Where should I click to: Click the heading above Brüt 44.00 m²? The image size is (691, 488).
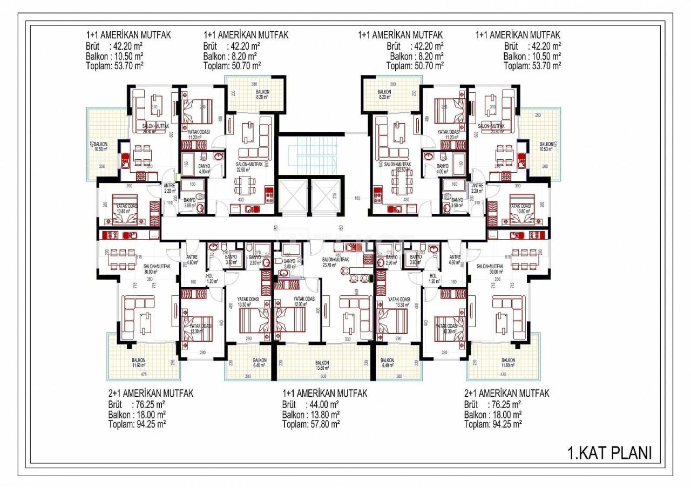[324, 394]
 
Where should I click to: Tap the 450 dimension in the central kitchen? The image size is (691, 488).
[338, 255]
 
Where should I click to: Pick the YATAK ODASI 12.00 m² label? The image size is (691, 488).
[304, 300]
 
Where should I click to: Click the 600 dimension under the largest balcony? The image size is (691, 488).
[322, 376]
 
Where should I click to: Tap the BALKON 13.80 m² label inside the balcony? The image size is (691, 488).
[322, 365]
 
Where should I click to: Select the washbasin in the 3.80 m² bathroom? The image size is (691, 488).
[277, 260]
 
